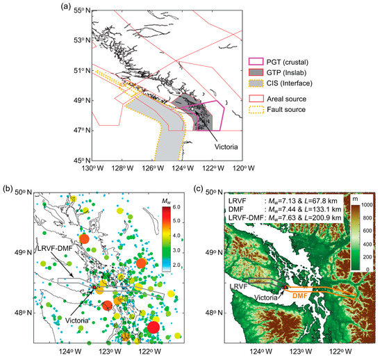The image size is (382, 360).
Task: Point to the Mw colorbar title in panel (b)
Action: tap(165, 202)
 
